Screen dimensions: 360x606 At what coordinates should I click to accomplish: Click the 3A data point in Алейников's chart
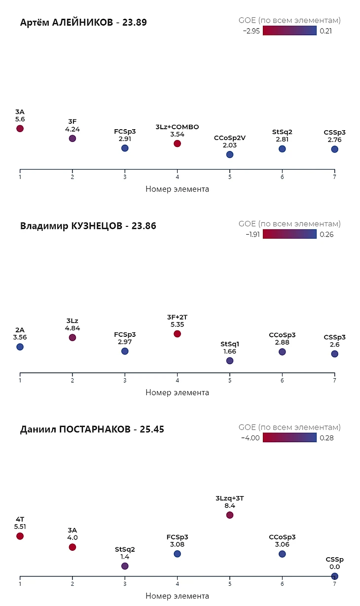coord(20,129)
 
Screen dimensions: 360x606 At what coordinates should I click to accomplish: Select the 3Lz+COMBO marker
coord(177,143)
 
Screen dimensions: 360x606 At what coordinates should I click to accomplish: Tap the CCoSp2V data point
coord(230,154)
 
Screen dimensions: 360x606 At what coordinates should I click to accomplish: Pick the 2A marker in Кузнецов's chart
coord(20,347)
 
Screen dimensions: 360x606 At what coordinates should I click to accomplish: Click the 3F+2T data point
coord(177,334)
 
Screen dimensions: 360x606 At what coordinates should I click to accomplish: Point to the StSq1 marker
coord(230,360)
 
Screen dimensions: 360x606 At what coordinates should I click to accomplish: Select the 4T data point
coord(20,536)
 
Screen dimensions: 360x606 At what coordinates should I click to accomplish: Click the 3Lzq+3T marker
coord(230,515)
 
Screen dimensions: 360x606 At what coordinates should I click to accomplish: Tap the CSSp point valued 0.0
coord(334,576)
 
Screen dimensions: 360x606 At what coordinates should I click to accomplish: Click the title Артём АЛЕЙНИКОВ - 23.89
coord(83,22)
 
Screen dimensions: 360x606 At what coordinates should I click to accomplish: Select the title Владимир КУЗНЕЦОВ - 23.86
coord(88,226)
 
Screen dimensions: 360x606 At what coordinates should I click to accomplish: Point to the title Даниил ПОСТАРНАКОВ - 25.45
coord(92,429)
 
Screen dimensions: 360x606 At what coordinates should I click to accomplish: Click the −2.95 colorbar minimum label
coord(251,31)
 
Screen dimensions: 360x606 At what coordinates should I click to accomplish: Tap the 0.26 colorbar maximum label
coord(326,235)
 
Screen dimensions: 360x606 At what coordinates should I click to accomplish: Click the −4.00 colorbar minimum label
coord(251,438)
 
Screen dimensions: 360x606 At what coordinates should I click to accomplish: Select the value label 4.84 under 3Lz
coord(72,328)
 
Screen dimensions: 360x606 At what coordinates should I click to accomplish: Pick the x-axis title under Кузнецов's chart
coord(177,392)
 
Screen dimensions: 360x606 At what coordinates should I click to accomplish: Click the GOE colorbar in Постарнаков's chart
coord(289,437)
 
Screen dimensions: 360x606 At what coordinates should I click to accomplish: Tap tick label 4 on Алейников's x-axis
coord(177,177)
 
